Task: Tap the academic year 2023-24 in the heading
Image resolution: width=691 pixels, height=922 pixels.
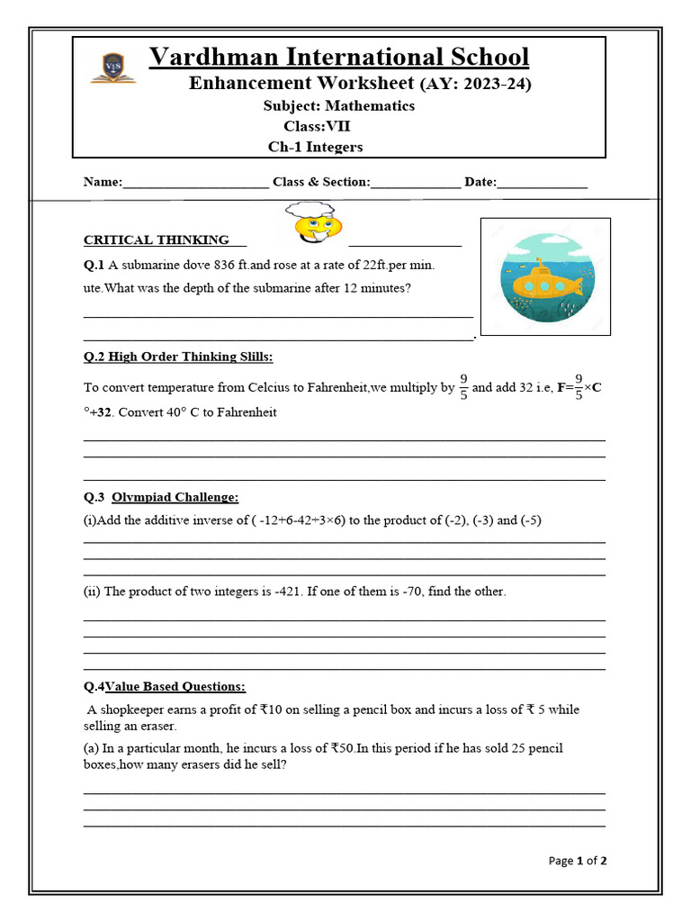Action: [493, 85]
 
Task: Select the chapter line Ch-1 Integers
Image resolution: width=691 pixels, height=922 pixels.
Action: [315, 147]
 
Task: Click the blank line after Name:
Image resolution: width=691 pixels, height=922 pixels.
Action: [195, 182]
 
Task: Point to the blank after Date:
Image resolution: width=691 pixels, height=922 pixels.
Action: [542, 182]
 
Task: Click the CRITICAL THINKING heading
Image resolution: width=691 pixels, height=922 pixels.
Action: [156, 240]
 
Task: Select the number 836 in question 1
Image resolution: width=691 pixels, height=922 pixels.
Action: [229, 266]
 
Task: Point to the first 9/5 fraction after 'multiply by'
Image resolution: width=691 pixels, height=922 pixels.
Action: [463, 387]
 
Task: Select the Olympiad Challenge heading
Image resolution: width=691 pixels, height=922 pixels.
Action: [175, 497]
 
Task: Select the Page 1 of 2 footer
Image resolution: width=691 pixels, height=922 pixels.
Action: [578, 861]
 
